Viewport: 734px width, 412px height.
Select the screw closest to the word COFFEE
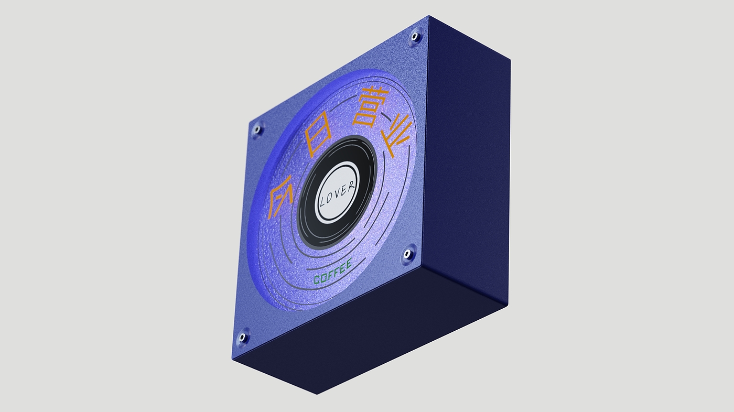click(407, 254)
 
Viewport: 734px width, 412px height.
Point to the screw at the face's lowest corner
click(242, 337)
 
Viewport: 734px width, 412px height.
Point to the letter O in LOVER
click(330, 197)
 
